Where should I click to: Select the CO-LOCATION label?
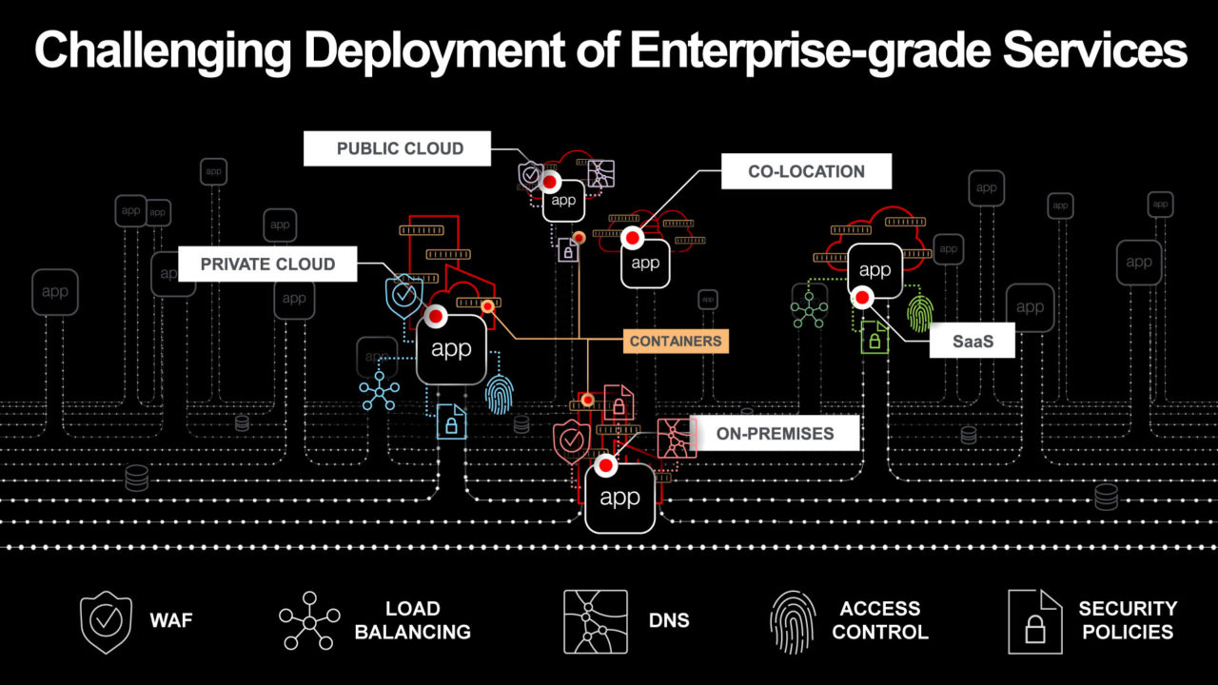(806, 172)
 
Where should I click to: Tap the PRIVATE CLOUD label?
(267, 264)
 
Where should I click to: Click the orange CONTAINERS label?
(676, 341)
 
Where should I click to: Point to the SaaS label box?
(971, 341)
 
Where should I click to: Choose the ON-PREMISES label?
(775, 434)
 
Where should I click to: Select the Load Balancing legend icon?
(308, 621)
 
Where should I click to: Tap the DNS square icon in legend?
(595, 621)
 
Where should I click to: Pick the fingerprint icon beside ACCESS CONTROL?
(792, 621)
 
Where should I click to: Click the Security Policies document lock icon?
(1034, 621)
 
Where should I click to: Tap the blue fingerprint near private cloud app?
(499, 394)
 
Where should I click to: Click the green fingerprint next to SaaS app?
(920, 312)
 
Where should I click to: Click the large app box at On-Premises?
(619, 498)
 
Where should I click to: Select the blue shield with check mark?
(403, 296)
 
